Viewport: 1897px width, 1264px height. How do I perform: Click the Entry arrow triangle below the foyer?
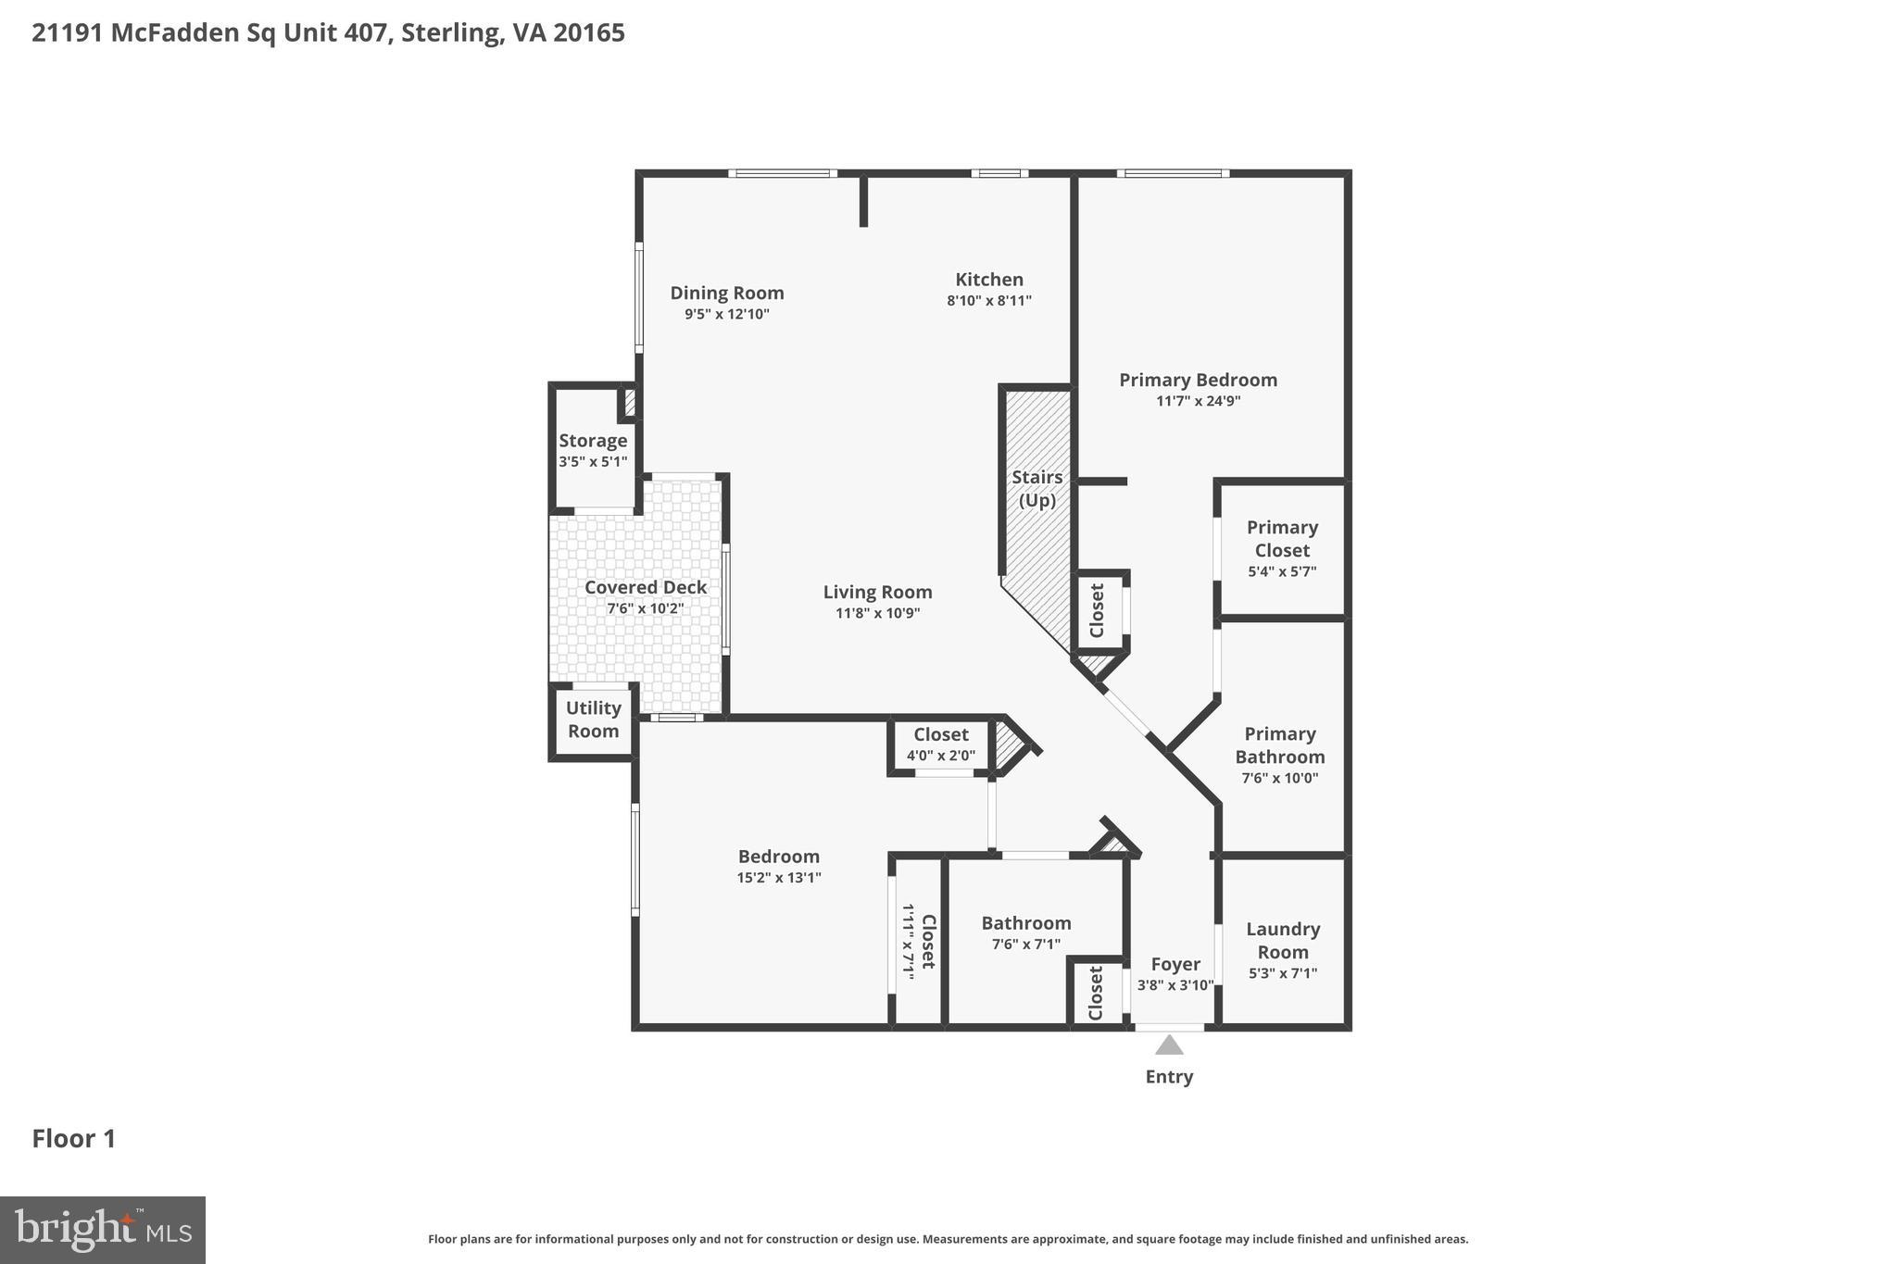(x=1169, y=1045)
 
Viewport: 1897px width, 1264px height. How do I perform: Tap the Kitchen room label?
(x=989, y=280)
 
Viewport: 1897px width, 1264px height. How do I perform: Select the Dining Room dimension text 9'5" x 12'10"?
(x=727, y=314)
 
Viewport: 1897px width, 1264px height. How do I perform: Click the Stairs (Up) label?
(x=1036, y=488)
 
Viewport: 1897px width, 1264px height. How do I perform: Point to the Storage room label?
(x=593, y=441)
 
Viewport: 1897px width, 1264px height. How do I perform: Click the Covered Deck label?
(x=646, y=587)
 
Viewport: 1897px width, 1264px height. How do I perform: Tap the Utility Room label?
(x=593, y=720)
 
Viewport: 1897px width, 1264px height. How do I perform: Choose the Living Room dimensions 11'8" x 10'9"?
(x=877, y=613)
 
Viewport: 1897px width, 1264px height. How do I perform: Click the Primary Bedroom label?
(x=1198, y=380)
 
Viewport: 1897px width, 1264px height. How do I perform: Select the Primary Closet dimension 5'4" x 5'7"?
(x=1282, y=571)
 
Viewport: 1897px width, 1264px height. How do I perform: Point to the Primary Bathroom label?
(x=1279, y=745)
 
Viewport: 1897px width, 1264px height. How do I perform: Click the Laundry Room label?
(x=1282, y=940)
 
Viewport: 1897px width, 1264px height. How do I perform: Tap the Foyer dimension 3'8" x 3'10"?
(x=1175, y=985)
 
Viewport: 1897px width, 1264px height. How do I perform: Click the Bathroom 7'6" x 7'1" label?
(x=1026, y=923)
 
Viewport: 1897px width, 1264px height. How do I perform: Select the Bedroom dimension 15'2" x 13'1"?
(x=779, y=878)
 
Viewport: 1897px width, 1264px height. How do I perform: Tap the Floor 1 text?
(x=74, y=1139)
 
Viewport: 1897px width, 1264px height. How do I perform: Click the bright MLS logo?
(x=103, y=1230)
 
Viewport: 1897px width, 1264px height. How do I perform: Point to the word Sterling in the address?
(x=452, y=33)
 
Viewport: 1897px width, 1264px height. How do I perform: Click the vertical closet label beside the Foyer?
(x=1096, y=993)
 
